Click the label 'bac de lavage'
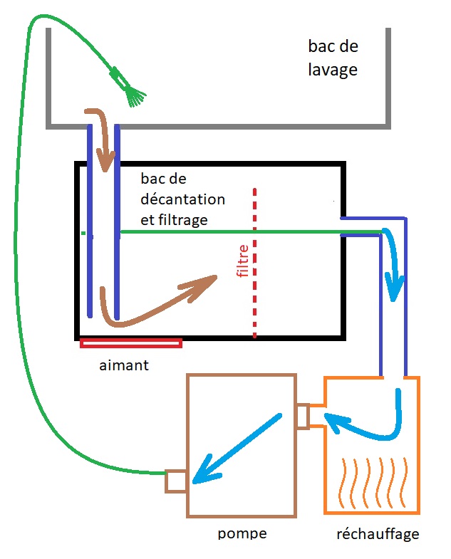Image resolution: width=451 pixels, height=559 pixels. (x=333, y=59)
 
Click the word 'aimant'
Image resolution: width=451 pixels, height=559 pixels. (x=125, y=365)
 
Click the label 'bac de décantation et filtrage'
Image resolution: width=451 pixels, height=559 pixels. (x=182, y=199)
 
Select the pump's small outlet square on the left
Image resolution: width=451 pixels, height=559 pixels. (x=175, y=480)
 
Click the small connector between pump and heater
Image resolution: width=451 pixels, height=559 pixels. (x=303, y=416)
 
